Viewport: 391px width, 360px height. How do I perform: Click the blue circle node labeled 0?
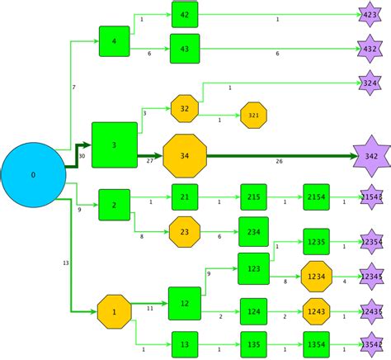click(x=33, y=175)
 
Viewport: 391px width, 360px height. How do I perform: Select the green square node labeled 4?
click(x=114, y=41)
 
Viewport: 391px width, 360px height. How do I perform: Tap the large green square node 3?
click(x=114, y=145)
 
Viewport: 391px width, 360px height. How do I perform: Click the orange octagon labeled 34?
click(x=184, y=156)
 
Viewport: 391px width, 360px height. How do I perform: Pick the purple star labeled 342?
click(x=371, y=156)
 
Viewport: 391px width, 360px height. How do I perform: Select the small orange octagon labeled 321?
click(x=253, y=116)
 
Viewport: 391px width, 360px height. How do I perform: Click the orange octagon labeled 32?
click(x=185, y=108)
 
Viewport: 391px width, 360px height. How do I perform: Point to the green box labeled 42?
click(x=184, y=15)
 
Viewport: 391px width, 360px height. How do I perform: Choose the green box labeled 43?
click(x=184, y=49)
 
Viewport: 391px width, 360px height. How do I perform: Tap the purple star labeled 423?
click(x=370, y=14)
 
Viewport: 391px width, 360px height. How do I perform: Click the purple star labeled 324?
click(x=370, y=83)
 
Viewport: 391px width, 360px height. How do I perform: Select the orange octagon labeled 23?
click(x=185, y=232)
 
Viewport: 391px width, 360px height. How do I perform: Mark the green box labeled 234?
click(x=253, y=232)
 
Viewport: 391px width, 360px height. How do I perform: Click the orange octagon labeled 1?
click(x=114, y=311)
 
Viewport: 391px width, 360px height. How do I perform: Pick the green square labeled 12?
click(x=185, y=304)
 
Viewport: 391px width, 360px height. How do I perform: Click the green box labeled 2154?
click(x=316, y=197)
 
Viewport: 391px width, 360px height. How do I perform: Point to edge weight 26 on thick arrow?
click(x=279, y=161)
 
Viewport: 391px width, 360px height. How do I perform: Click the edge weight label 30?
click(x=81, y=156)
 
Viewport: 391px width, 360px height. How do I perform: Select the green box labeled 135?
click(x=253, y=343)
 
